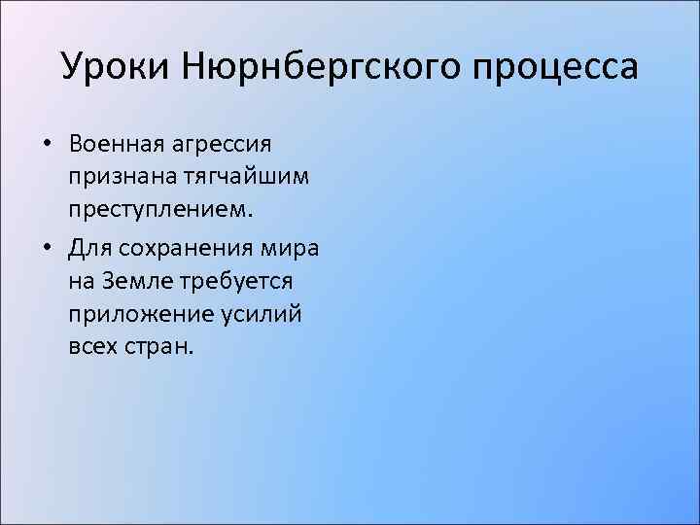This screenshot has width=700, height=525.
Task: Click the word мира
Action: pos(294,248)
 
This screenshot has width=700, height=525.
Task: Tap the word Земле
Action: pos(134,282)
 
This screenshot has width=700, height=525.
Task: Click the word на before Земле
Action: pos(81,282)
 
